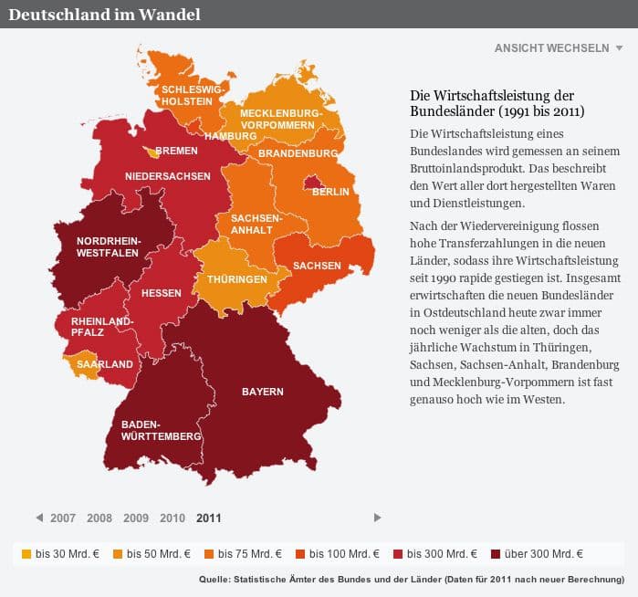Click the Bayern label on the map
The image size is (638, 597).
(262, 392)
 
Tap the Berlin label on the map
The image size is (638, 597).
(330, 193)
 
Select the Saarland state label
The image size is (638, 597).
(105, 364)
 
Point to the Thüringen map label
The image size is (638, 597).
(236, 279)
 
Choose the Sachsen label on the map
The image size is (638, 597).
(317, 266)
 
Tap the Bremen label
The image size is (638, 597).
(176, 151)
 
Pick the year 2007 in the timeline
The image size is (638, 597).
(63, 518)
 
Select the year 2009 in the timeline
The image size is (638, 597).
(136, 518)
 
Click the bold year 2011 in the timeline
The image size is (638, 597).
(208, 518)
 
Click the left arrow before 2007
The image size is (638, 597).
(39, 518)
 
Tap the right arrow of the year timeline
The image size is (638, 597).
(378, 518)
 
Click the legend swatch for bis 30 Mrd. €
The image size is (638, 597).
(26, 553)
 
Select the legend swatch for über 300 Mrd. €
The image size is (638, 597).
(496, 553)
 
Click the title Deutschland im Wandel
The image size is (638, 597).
(105, 15)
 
